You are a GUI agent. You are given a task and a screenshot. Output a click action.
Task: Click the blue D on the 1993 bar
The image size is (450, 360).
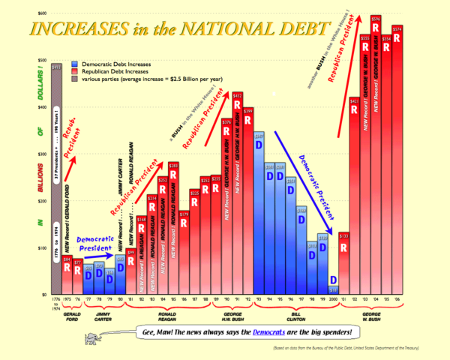(259, 146)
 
